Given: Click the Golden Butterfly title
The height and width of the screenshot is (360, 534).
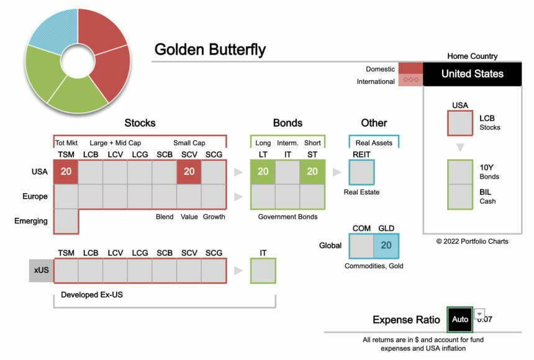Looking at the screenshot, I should pyautogui.click(x=210, y=50).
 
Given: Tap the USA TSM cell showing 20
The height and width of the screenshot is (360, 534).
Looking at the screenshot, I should pyautogui.click(x=66, y=172).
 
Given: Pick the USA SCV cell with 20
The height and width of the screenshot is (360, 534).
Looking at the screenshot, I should pyautogui.click(x=189, y=172).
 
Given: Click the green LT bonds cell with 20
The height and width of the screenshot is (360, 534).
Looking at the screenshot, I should pyautogui.click(x=263, y=172).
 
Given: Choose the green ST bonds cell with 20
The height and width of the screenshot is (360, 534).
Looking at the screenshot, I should pyautogui.click(x=312, y=172).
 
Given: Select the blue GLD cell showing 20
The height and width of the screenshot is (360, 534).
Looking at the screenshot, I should pyautogui.click(x=386, y=245).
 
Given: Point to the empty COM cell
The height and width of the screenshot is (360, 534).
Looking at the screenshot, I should pyautogui.click(x=361, y=245).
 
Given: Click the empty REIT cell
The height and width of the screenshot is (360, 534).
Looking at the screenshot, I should pyautogui.click(x=361, y=172).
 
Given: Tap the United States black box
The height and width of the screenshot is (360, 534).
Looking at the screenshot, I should pyautogui.click(x=472, y=74).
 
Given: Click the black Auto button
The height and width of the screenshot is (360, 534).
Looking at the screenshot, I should pyautogui.click(x=460, y=320).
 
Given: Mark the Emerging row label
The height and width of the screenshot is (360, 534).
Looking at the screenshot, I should pyautogui.click(x=31, y=221).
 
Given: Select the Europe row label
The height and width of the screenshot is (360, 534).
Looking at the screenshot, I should pyautogui.click(x=35, y=196).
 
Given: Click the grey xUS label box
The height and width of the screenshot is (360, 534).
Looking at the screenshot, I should pyautogui.click(x=41, y=271).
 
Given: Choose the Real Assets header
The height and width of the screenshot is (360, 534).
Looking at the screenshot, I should pyautogui.click(x=374, y=143).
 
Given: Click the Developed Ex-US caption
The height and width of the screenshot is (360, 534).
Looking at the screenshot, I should pyautogui.click(x=92, y=295).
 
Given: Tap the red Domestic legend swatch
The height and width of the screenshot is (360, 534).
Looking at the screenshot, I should pyautogui.click(x=410, y=68).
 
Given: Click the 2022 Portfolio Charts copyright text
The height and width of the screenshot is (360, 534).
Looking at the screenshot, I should pyautogui.click(x=472, y=241).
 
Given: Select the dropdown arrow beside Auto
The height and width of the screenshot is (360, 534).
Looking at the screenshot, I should pyautogui.click(x=479, y=314).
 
